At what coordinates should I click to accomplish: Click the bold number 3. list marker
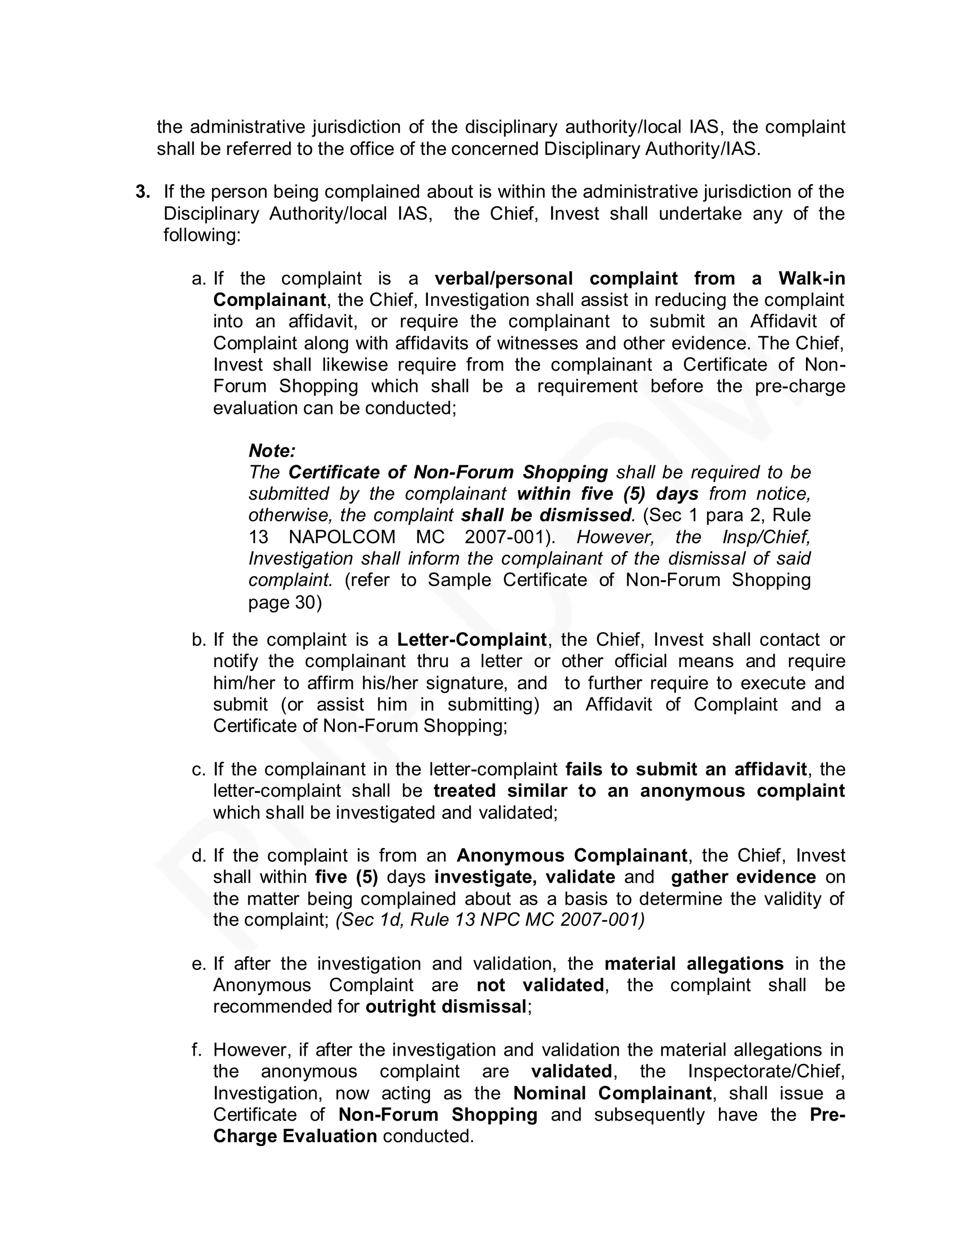(143, 192)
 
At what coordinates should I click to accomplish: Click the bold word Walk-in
(812, 279)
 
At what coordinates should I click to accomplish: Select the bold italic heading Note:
(272, 451)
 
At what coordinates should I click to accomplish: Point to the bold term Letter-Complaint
(472, 640)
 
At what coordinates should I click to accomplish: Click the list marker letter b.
(198, 640)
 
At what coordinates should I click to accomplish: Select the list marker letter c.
(198, 770)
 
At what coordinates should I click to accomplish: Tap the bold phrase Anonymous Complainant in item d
(572, 856)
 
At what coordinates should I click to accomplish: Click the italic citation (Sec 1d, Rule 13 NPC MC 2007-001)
(490, 920)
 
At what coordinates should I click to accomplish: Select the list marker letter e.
(198, 964)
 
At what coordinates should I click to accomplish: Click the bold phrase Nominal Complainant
(612, 1093)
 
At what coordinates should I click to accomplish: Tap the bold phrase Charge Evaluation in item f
(295, 1136)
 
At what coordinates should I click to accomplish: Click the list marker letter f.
(197, 1050)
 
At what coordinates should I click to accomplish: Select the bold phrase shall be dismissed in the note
(546, 516)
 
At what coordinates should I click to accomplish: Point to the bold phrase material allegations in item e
(694, 964)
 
